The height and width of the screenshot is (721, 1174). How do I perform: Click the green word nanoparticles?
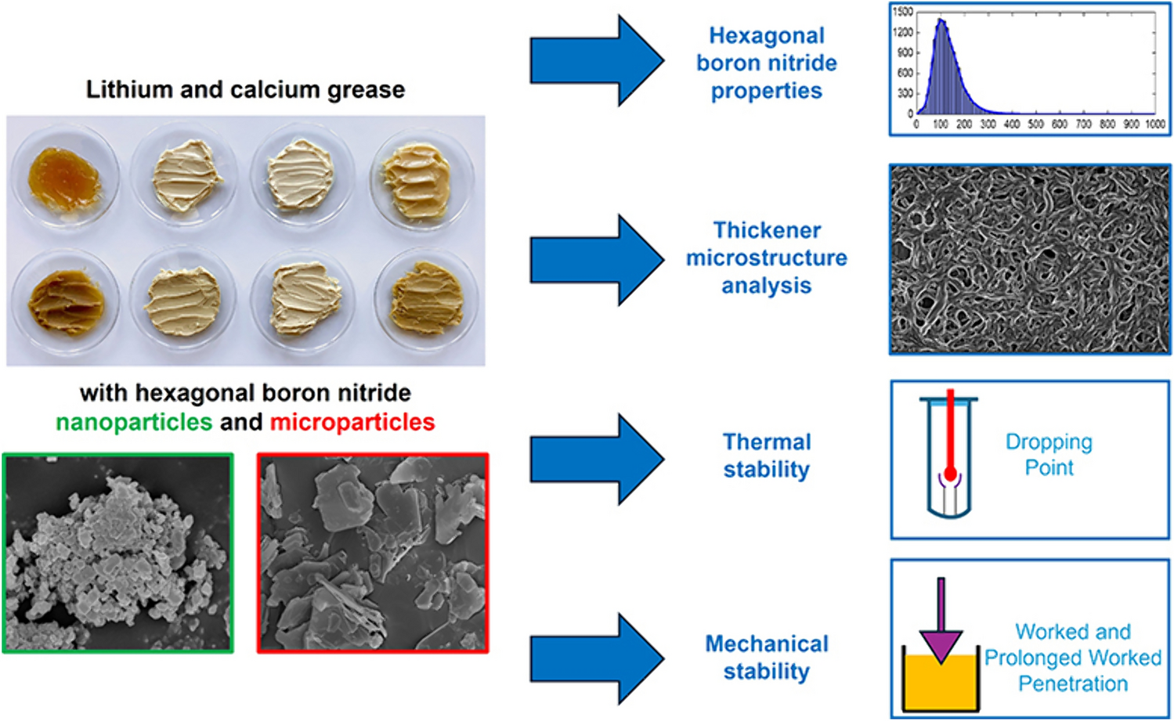click(x=134, y=422)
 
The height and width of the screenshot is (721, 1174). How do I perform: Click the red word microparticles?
click(x=352, y=422)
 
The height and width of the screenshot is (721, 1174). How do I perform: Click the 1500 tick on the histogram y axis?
click(x=903, y=12)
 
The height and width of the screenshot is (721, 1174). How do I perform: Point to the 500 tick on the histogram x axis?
click(x=1035, y=124)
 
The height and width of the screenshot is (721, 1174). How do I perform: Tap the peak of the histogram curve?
click(x=941, y=21)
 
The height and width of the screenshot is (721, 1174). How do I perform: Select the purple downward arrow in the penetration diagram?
click(x=941, y=626)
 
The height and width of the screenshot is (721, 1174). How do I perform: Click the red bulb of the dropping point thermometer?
click(x=950, y=474)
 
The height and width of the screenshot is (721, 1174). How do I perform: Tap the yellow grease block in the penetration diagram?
click(x=941, y=683)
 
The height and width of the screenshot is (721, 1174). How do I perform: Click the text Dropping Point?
click(x=1049, y=455)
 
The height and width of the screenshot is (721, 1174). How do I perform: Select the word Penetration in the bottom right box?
click(x=1073, y=683)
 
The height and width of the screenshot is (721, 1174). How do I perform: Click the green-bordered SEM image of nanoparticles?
click(x=118, y=553)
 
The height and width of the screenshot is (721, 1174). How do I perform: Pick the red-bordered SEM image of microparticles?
click(x=373, y=553)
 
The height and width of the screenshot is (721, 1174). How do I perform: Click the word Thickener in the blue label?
click(x=767, y=230)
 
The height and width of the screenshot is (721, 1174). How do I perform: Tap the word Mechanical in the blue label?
click(x=767, y=643)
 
